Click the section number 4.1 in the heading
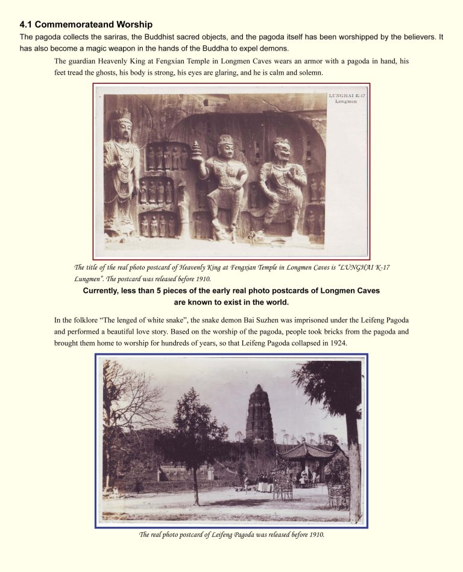pos(26,25)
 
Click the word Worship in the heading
pos(131,25)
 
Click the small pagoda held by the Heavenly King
pos(197,150)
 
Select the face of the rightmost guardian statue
pos(282,149)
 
